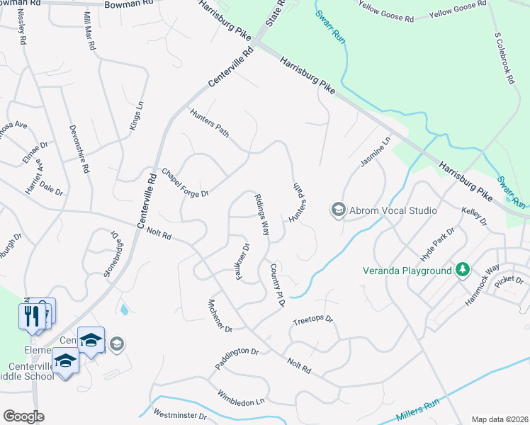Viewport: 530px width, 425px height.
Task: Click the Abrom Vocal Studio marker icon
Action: [338, 210]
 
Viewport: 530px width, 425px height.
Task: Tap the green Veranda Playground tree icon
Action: [463, 270]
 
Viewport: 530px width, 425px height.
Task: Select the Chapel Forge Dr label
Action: [185, 183]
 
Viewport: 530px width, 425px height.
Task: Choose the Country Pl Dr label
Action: [276, 285]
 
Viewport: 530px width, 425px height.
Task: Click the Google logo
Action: [23, 416]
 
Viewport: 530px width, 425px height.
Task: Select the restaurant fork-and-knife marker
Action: [30, 316]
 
